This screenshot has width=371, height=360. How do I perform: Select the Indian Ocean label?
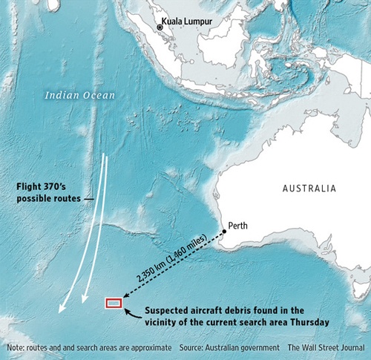click(x=76, y=95)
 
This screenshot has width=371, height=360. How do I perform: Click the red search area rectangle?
click(x=114, y=302)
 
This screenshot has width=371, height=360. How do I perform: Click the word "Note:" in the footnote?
click(x=15, y=347)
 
